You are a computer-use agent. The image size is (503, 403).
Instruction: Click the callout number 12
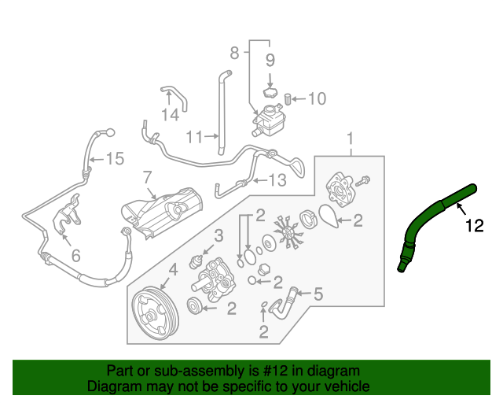(x=474, y=227)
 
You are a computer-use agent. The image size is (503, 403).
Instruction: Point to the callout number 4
(x=172, y=270)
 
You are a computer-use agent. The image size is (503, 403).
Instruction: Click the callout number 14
(x=171, y=115)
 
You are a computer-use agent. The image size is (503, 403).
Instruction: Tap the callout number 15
(x=115, y=160)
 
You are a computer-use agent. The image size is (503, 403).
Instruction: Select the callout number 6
(x=75, y=256)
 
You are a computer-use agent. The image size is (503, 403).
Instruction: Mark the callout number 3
(x=218, y=235)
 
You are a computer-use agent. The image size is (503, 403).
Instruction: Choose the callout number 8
(x=233, y=54)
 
